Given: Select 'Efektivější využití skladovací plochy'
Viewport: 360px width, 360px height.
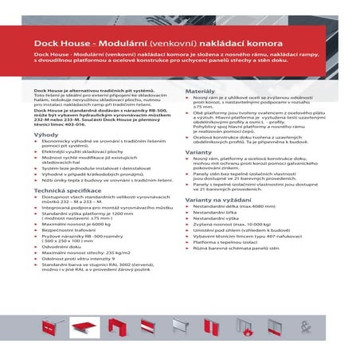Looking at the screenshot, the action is [90, 151].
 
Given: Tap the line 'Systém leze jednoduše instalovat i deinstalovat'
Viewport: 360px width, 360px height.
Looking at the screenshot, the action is [102, 169].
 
